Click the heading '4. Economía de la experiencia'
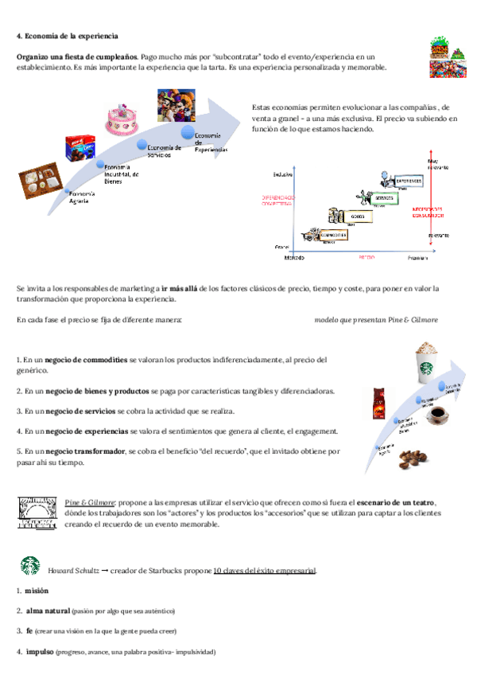[x=68, y=36]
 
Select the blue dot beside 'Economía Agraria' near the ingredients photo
[x=66, y=190]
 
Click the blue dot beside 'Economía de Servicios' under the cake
[x=142, y=146]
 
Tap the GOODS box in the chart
[x=357, y=215]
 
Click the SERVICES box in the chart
[x=384, y=197]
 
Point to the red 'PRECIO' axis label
[x=366, y=258]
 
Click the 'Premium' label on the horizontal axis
[x=418, y=259]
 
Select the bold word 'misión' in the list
[x=37, y=591]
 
